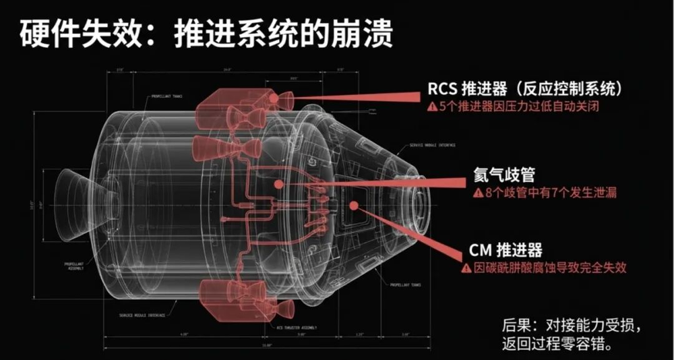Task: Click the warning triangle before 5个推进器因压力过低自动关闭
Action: [x=431, y=107]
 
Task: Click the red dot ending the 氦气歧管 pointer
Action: [x=277, y=183]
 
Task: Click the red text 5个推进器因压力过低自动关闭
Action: [x=519, y=107]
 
